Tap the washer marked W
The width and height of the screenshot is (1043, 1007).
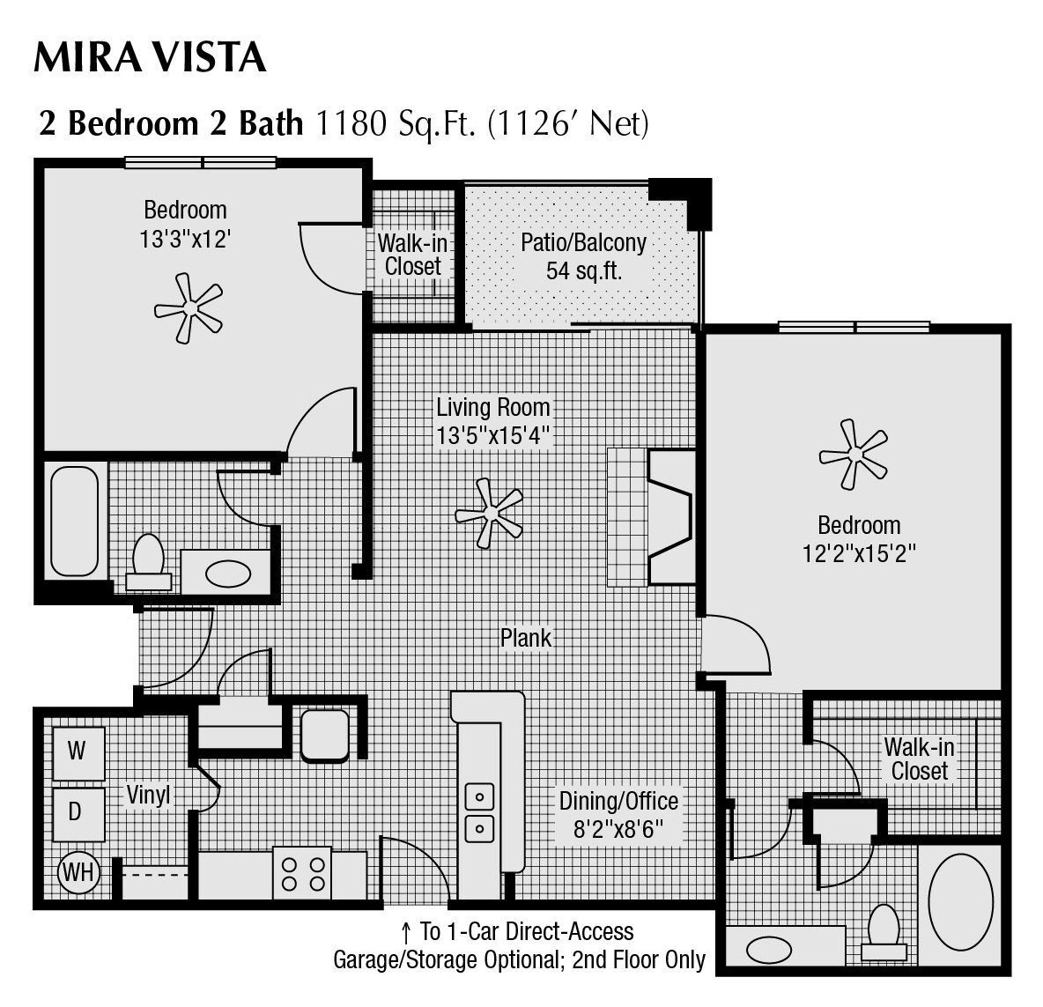click(x=78, y=752)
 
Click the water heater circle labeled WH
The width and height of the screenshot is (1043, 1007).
click(x=78, y=873)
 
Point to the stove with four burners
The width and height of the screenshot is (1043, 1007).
click(x=302, y=872)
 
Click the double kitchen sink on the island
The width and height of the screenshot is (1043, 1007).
click(x=479, y=811)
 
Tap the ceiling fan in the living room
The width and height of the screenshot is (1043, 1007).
click(x=488, y=512)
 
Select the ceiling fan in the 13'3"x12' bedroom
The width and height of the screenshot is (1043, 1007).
click(x=188, y=308)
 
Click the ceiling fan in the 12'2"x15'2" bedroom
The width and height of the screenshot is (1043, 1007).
click(x=853, y=455)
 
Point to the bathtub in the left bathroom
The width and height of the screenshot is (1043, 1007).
click(x=73, y=522)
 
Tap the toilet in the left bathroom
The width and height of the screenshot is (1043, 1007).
click(x=147, y=562)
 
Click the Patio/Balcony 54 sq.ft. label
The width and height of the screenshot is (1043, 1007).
click(x=583, y=255)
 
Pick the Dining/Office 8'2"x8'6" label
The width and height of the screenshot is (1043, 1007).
click(x=618, y=815)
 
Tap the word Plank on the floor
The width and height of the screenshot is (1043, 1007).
click(x=525, y=638)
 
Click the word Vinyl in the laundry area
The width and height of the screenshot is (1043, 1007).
click(x=147, y=795)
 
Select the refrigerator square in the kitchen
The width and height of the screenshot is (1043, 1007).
click(x=325, y=736)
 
